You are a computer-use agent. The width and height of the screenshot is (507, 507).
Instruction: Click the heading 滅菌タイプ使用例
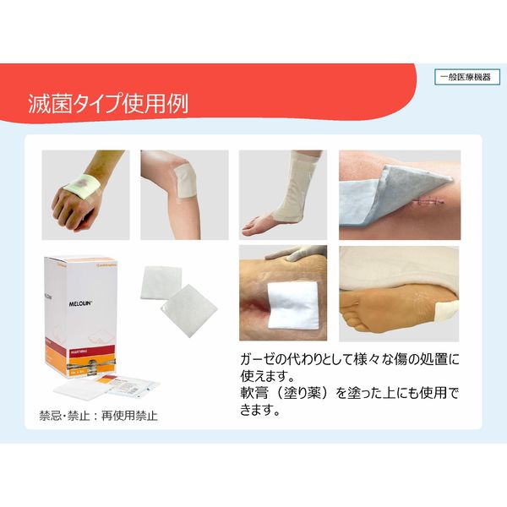pyautogui.click(x=106, y=103)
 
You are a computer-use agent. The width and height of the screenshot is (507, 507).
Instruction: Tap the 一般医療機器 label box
pyautogui.click(x=467, y=77)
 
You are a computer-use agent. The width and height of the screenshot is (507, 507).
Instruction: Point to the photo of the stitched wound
pyautogui.click(x=398, y=195)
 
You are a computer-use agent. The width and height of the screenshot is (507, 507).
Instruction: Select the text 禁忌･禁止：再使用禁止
pyautogui.click(x=98, y=416)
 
